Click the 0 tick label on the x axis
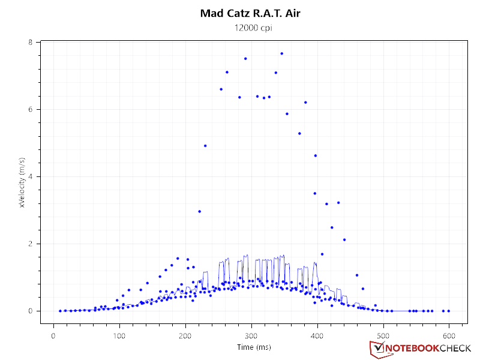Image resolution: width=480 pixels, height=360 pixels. point(54,335)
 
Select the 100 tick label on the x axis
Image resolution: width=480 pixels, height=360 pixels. point(120,335)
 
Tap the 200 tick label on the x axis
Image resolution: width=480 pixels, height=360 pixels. point(185,335)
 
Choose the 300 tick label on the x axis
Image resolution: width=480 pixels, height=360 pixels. point(251,335)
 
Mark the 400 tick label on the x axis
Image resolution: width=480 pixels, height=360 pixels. point(317,335)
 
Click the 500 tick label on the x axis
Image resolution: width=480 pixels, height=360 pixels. point(383,335)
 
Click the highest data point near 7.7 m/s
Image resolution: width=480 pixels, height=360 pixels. point(281,53)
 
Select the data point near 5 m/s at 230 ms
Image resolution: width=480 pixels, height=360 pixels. point(205,146)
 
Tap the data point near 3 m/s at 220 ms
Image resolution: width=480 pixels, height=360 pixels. point(199,211)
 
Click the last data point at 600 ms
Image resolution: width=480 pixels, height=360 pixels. point(448,311)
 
